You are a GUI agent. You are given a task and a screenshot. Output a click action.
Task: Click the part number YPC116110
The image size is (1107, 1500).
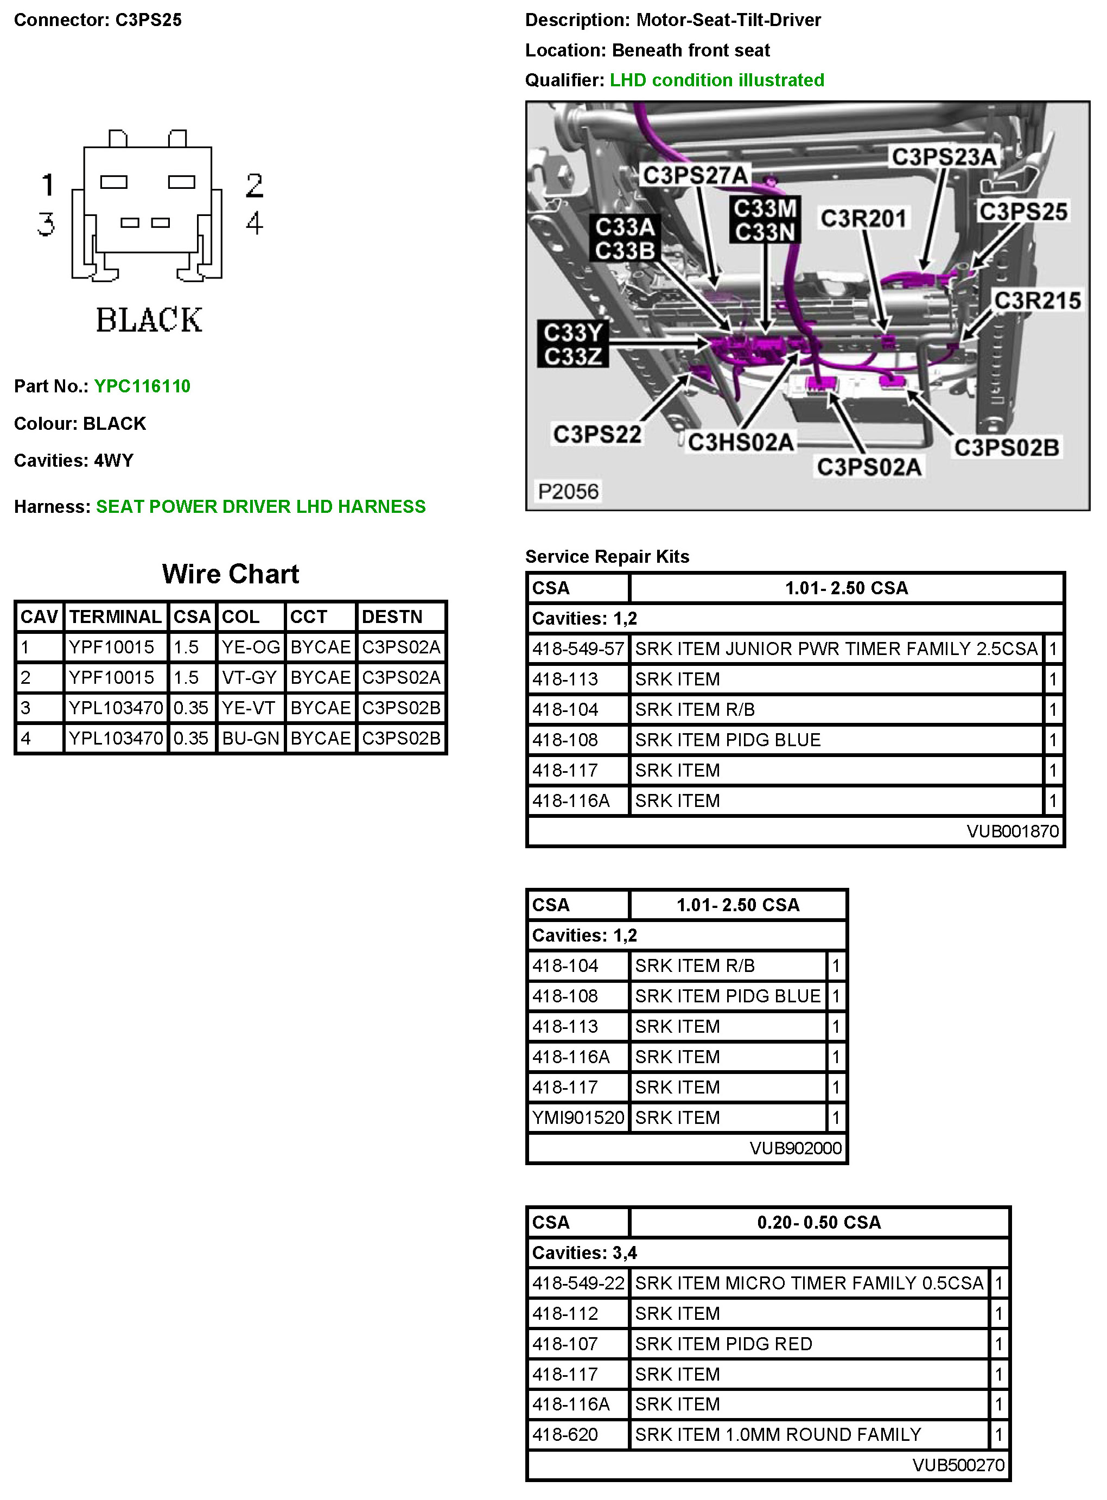click(142, 386)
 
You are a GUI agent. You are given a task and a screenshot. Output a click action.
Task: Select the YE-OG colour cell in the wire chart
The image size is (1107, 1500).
click(251, 647)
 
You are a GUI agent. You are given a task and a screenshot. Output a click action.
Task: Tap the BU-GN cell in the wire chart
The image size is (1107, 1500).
click(251, 739)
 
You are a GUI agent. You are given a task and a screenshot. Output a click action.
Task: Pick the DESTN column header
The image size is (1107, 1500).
click(392, 616)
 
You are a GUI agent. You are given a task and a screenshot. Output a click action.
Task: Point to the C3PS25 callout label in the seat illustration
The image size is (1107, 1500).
click(1022, 212)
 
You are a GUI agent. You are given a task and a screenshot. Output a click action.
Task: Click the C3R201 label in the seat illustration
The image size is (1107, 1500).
click(864, 219)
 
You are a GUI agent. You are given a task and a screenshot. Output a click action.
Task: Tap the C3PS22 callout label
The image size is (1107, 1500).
click(597, 434)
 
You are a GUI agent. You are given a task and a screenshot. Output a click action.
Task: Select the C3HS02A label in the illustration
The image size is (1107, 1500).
click(741, 442)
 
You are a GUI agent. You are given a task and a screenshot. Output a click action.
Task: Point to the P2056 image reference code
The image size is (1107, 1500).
click(568, 491)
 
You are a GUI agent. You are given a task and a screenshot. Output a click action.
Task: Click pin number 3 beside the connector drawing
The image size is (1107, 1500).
click(46, 224)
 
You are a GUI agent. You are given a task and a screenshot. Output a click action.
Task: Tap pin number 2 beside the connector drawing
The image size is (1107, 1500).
click(255, 186)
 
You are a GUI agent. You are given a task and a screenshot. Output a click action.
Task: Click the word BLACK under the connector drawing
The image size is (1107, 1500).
click(149, 320)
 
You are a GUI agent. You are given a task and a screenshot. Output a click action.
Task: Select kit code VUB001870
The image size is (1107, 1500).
click(1013, 832)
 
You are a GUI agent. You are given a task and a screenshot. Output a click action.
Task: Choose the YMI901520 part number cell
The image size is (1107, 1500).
click(577, 1118)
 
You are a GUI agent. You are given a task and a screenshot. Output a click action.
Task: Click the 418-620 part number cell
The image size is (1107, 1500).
click(565, 1435)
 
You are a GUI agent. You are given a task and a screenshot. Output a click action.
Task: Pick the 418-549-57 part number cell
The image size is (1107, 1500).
click(577, 649)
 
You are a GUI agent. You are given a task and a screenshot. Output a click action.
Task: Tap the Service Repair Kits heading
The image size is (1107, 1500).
click(607, 557)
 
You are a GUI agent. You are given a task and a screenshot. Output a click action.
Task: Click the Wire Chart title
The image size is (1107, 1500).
click(231, 574)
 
